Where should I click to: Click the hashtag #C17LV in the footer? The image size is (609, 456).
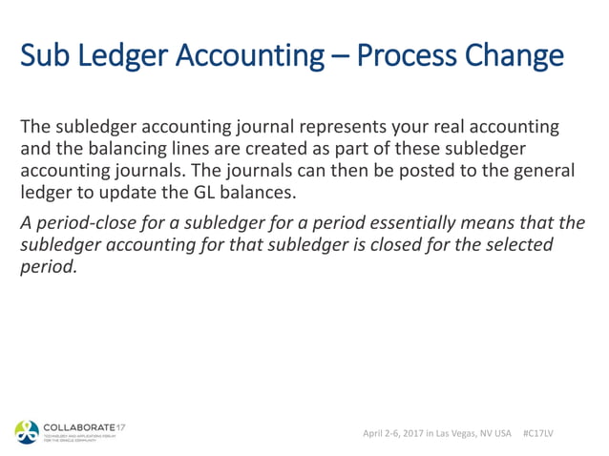pyautogui.click(x=540, y=433)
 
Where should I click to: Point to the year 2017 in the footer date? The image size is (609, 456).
pyautogui.click(x=409, y=433)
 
